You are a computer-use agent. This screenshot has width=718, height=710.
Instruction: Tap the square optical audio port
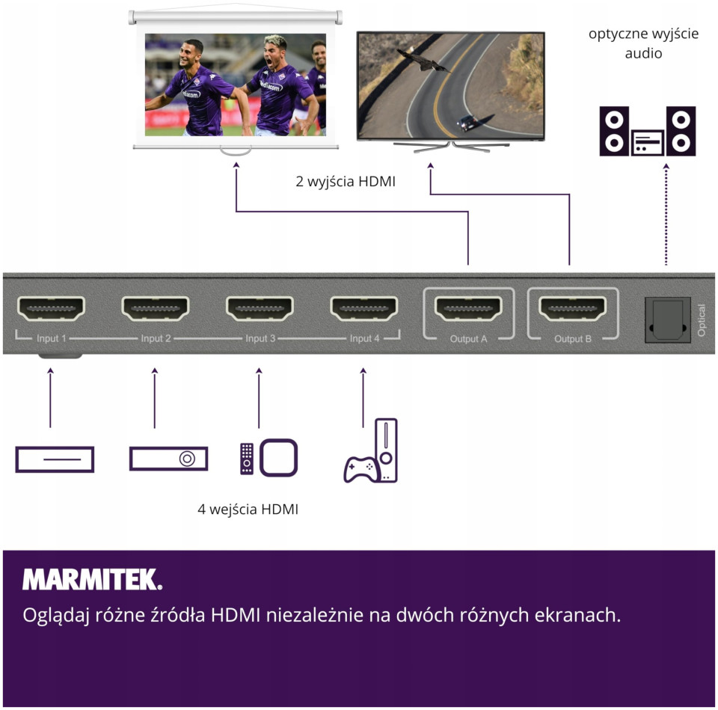667,320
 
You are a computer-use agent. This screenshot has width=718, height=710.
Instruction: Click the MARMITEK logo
92,579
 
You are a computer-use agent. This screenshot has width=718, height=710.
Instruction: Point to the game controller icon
360,469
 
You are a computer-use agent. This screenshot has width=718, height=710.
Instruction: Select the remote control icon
246,459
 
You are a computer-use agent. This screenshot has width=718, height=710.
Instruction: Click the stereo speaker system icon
647,131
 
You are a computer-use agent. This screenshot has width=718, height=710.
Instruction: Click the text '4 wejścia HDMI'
248,509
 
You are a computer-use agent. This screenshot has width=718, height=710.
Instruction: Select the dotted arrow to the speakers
666,213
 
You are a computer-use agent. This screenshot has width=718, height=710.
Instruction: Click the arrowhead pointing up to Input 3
259,371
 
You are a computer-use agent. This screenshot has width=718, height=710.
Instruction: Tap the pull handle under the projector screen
236,152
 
